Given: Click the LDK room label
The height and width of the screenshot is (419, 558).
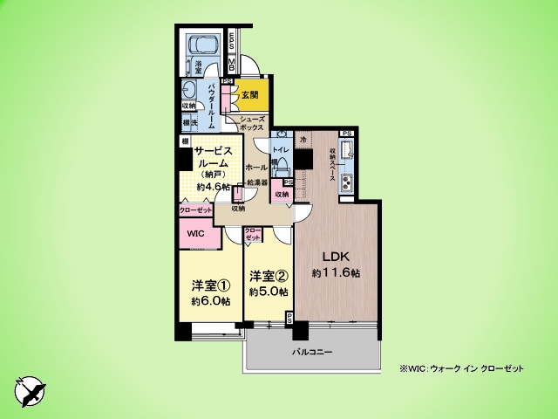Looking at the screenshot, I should coord(337,258).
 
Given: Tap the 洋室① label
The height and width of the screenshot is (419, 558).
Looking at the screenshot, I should coord(210,285).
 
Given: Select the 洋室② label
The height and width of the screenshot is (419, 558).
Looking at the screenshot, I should coord(268,277).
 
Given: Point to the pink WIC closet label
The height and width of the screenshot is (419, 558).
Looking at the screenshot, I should coord(195,234).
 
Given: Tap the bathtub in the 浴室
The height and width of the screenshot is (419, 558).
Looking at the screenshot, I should coord(204,45).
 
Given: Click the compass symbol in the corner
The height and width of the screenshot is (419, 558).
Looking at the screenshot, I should coord(28,389).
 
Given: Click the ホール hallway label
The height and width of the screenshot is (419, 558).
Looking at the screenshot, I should coord(256,165).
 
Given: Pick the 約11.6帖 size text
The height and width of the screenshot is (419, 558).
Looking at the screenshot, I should coord(337,273).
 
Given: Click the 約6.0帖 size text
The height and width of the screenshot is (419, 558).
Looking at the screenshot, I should coord(210,301).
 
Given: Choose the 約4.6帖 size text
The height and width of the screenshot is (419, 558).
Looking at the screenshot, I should coord(213,187).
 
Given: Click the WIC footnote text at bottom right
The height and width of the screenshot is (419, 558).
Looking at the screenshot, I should coord(462,368).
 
